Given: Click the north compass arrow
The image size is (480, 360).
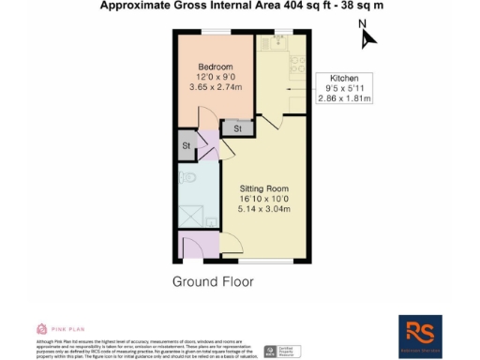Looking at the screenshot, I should coord(368,37).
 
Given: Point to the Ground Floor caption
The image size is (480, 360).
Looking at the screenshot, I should coord(215,281).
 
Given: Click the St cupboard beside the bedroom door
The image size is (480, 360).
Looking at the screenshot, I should coord(237,127).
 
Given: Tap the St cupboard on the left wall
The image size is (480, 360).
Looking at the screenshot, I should coord(187,145).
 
